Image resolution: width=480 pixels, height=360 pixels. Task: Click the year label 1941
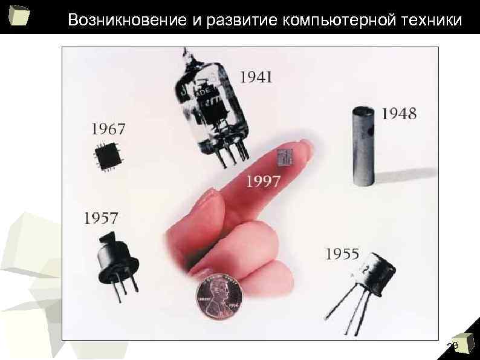tap(257, 77)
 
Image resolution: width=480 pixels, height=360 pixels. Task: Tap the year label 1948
tap(399, 113)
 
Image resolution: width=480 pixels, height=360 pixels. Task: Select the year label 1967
tap(109, 128)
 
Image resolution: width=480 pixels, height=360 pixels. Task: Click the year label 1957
tap(101, 218)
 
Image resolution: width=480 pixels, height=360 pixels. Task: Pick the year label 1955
tap(342, 254)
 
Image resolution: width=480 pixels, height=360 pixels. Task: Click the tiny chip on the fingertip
tap(285, 157)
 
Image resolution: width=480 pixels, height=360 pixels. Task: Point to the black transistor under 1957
tap(115, 257)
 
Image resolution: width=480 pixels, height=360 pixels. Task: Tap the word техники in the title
tap(432, 20)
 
